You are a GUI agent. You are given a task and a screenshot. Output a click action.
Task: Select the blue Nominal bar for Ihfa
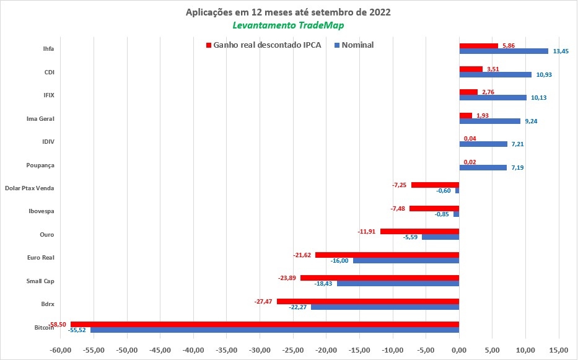(503, 51)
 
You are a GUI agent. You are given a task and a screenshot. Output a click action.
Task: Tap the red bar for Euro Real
(387, 255)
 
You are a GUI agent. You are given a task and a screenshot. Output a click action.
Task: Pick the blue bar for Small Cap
(398, 283)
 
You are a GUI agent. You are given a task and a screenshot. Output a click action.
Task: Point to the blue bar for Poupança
(483, 167)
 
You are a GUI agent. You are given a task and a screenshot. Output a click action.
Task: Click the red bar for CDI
(470, 69)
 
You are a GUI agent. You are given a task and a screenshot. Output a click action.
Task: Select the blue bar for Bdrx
(385, 307)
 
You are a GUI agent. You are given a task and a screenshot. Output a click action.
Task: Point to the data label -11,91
(368, 232)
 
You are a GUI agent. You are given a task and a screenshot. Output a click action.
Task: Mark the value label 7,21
(519, 144)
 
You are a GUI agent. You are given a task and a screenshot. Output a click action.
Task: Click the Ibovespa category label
(42, 211)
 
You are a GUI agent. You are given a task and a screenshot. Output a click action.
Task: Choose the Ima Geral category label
(40, 118)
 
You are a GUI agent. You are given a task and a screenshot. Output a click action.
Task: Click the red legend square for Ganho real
(209, 45)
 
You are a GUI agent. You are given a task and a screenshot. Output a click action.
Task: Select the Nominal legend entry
(357, 45)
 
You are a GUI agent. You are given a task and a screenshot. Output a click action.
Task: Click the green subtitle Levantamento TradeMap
(288, 25)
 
